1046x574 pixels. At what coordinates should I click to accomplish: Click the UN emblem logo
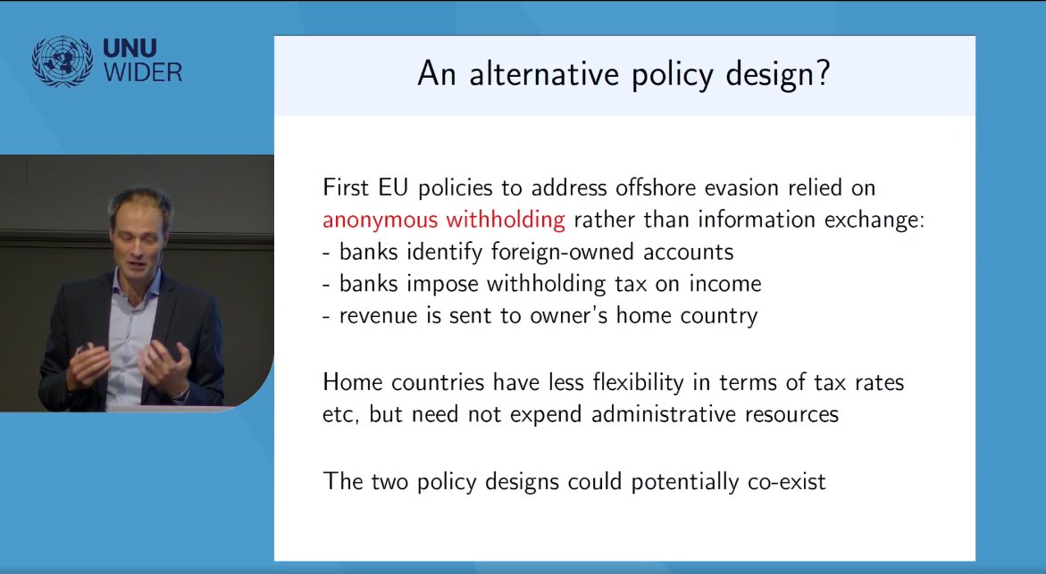pos(62,62)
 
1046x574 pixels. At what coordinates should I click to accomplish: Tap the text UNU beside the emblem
pos(134,49)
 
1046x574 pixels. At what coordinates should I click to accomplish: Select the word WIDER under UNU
pos(143,73)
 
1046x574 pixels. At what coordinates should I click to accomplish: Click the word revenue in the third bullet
pos(379,316)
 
